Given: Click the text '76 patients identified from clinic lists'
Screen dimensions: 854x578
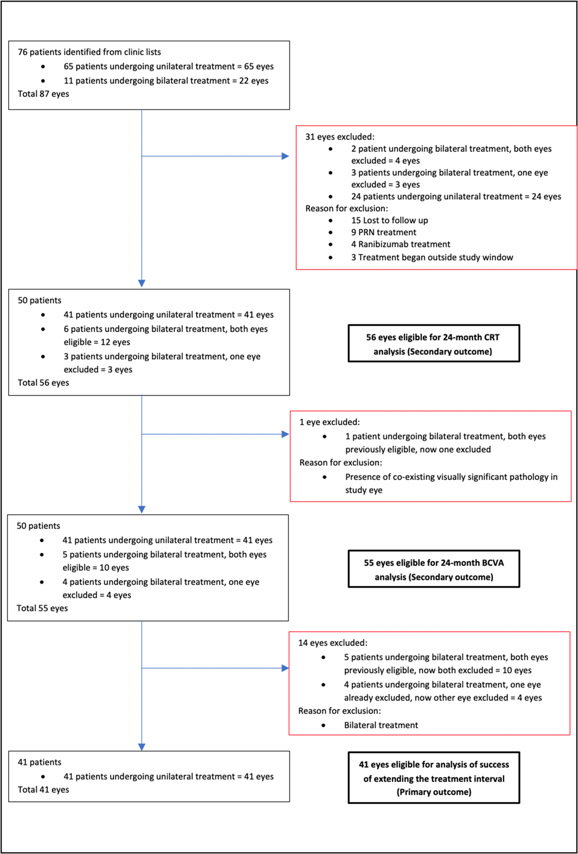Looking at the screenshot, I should coord(89,52).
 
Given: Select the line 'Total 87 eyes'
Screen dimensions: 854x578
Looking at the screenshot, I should coord(43,94).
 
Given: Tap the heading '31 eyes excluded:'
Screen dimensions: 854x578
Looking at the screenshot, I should coord(340,137).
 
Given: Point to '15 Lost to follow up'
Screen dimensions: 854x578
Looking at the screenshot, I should coord(389,221).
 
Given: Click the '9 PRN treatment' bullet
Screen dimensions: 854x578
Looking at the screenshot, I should coord(383,233).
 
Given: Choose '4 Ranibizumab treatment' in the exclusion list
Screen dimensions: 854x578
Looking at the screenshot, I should coord(400,244).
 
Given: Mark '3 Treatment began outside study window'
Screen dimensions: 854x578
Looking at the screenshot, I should coord(432,258).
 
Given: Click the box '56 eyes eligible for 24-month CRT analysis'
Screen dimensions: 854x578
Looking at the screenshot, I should coord(434,344).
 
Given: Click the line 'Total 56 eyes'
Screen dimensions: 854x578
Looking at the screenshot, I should coord(43,383).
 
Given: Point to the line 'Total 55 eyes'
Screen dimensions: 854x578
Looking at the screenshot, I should coord(42,608).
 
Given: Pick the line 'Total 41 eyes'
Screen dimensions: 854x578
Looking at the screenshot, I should coord(43,790).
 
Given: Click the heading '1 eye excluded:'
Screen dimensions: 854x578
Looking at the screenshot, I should coord(329,422).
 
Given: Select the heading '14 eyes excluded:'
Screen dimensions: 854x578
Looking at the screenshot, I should coord(332,643).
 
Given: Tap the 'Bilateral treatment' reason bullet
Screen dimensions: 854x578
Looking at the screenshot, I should coord(381,725).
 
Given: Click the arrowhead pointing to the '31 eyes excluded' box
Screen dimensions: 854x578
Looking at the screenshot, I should coord(285,156).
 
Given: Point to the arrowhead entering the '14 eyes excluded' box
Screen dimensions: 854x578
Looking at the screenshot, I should coord(285,668).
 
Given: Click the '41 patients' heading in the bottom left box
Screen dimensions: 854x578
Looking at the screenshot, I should coord(39,762).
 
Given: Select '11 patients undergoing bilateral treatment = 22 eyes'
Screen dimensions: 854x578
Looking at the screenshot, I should coord(166,81).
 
